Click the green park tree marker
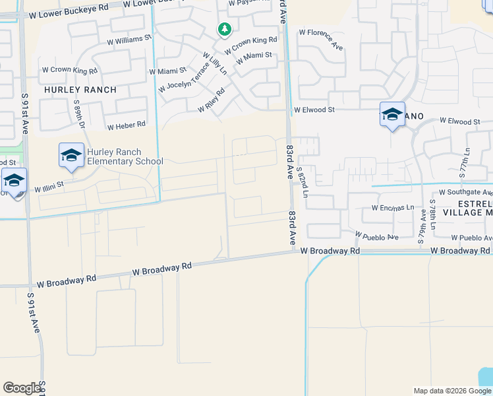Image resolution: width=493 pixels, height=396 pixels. pos(225,30)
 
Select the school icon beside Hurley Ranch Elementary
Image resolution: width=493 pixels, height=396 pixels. pos(71,156)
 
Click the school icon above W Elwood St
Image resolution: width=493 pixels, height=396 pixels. pos(392,115)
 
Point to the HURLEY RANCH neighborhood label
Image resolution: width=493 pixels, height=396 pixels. pos(80,90)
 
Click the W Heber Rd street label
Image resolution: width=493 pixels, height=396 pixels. pos(126,125)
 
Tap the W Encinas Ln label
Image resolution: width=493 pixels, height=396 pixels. pos(391,208)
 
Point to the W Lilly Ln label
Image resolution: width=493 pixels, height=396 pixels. pos(215,64)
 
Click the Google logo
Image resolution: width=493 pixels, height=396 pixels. pos(22,388)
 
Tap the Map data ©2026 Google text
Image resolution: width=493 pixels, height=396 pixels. pos(452,391)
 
